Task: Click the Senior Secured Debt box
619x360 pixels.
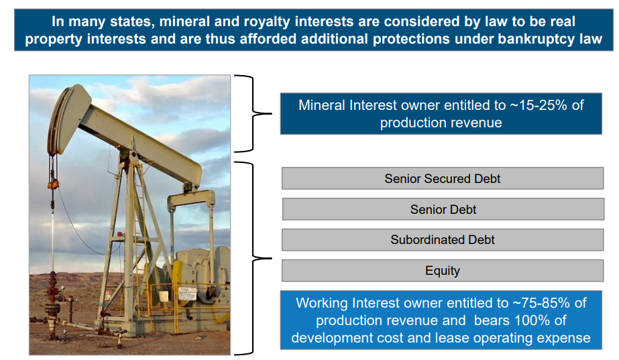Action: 443,178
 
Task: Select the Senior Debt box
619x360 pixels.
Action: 443,209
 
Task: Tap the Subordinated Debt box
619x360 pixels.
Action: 443,240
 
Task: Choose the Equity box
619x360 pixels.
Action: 443,271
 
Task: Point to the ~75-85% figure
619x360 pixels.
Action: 541,303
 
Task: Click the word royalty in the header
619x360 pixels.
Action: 267,21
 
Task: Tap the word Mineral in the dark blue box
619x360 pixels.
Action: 322,105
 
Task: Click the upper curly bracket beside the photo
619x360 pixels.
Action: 253,114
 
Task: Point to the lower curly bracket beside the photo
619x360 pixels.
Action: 253,259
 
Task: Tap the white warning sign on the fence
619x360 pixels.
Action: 187,294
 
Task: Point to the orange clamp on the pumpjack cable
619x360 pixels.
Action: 52,184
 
